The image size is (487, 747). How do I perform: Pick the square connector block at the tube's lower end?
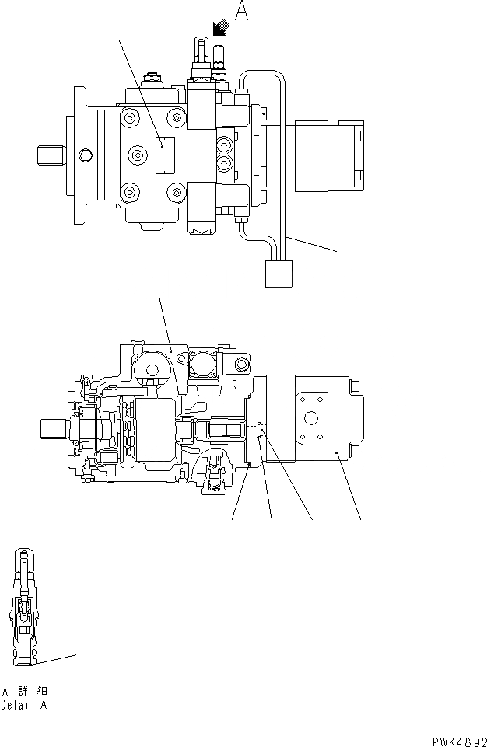pyautogui.click(x=278, y=274)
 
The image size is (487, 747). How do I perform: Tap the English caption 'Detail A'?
pyautogui.click(x=25, y=706)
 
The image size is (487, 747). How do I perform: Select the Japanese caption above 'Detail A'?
pyautogui.click(x=25, y=691)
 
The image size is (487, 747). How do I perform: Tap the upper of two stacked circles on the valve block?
pyautogui.click(x=226, y=145)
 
